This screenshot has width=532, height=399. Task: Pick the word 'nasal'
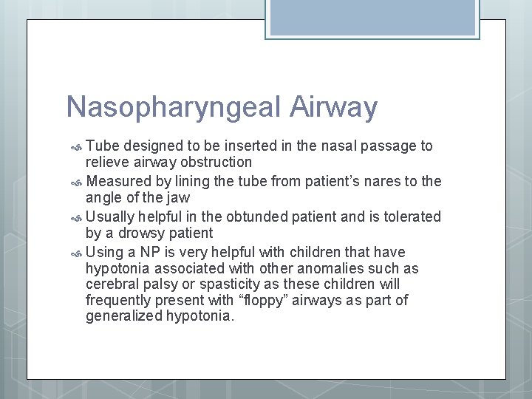click(x=338, y=146)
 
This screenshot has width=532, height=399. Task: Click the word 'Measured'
click(x=117, y=181)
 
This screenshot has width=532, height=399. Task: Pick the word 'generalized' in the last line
click(x=120, y=317)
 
